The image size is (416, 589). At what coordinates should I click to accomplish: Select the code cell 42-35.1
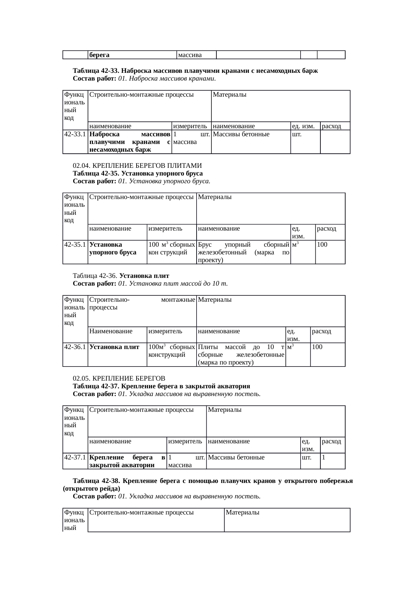click(x=75, y=245)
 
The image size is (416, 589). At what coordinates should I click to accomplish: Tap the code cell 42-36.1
click(x=75, y=347)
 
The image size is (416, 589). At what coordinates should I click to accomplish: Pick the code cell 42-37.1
click(x=75, y=457)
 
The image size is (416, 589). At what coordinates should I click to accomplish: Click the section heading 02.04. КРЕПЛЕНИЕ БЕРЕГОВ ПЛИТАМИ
click(x=138, y=166)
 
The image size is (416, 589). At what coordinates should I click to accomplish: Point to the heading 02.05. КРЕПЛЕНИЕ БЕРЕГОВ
click(x=119, y=379)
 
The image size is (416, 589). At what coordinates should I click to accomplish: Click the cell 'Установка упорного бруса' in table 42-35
click(x=113, y=248)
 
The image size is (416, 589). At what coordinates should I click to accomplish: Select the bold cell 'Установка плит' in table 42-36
click(x=114, y=347)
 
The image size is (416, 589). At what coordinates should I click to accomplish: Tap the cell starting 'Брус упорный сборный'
click(x=244, y=252)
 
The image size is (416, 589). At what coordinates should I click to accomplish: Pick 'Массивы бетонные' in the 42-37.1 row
click(x=236, y=457)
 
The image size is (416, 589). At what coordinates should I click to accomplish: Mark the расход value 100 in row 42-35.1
click(x=322, y=245)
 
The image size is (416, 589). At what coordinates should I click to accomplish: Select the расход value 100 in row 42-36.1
click(x=317, y=347)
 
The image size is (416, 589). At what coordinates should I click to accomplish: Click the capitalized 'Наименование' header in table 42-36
click(x=111, y=332)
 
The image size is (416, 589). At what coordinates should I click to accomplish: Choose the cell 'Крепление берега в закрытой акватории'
click(x=127, y=461)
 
